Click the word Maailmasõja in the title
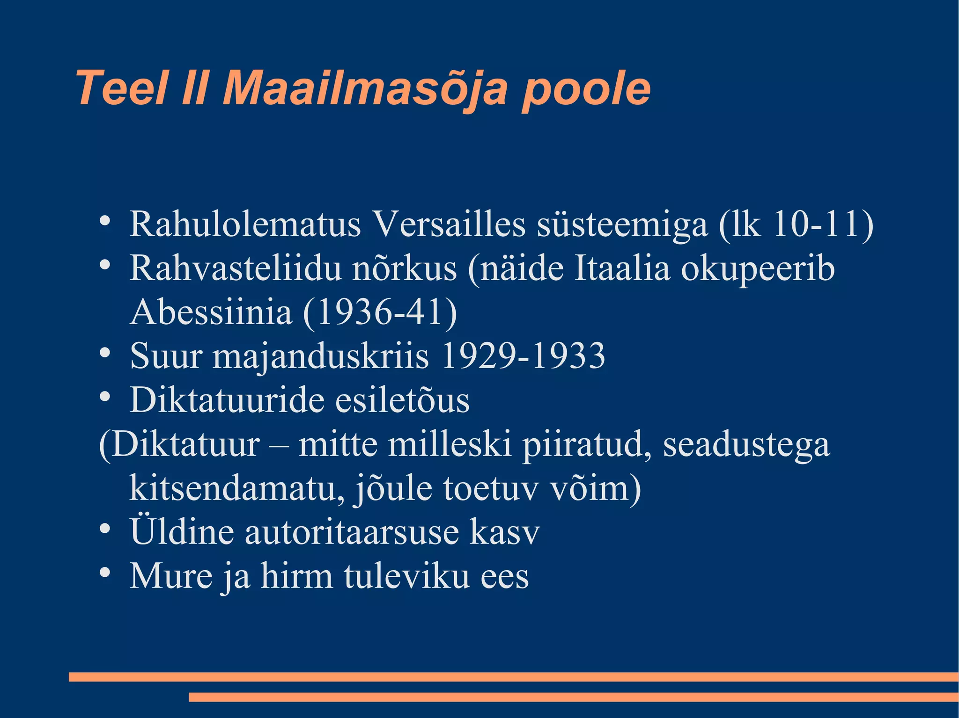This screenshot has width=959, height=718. click(365, 89)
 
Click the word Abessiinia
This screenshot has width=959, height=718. click(211, 312)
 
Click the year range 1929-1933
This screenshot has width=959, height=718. click(523, 356)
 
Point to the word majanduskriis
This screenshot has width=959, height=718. click(320, 356)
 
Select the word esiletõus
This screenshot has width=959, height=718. click(402, 400)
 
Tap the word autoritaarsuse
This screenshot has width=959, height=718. click(352, 532)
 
